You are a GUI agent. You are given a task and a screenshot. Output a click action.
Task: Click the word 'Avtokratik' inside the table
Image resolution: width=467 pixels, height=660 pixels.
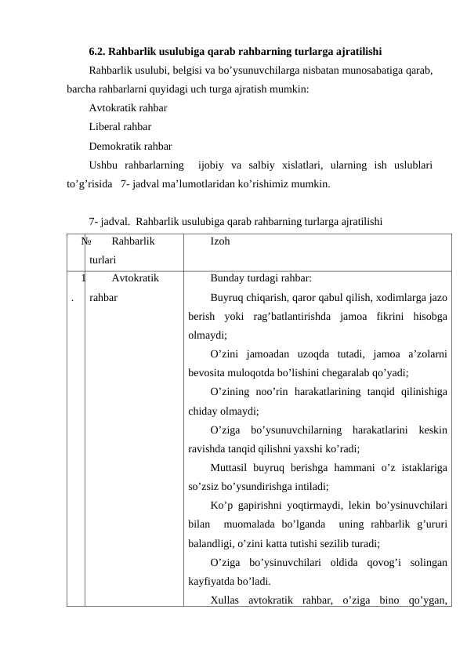[x=136, y=278]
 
